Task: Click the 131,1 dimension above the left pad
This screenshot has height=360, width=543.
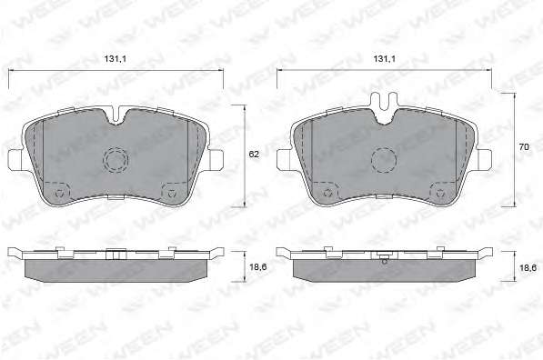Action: [116, 59]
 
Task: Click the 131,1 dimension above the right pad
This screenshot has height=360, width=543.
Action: [384, 59]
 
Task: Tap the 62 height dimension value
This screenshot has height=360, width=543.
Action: [254, 155]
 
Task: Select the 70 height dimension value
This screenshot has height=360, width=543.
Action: [524, 146]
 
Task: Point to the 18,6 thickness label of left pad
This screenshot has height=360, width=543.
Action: [258, 267]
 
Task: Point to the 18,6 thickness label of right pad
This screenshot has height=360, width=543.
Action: [528, 267]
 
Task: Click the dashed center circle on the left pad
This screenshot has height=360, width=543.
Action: [116, 160]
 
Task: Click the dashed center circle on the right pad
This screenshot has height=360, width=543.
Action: [384, 160]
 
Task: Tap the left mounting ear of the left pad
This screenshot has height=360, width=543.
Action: [15, 160]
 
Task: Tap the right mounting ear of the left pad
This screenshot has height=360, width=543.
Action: [216, 160]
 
